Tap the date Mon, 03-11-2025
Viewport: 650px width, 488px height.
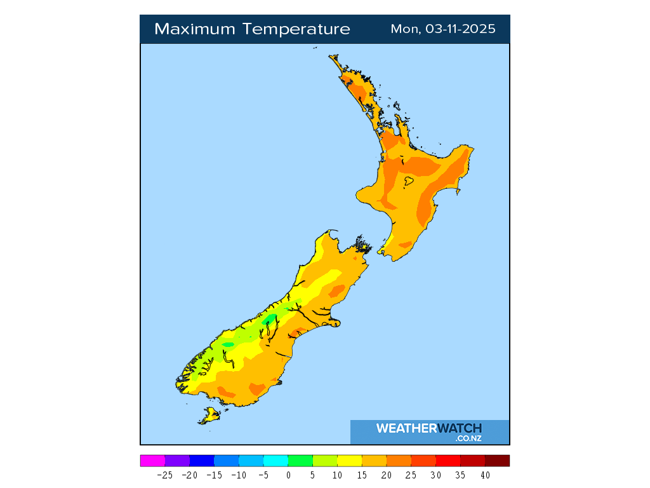[443, 29]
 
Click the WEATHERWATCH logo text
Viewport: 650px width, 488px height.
[429, 428]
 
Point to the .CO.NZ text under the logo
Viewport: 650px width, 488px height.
[468, 438]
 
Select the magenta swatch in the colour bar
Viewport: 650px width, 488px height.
[152, 461]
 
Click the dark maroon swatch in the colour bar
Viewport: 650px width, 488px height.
[497, 461]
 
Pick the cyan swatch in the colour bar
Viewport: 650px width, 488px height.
[275, 461]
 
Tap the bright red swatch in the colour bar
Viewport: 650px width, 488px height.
[448, 461]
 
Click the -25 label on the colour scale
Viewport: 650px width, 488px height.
[165, 475]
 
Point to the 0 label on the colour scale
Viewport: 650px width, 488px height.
[288, 475]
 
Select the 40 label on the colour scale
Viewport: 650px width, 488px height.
[485, 475]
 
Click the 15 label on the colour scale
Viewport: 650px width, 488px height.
[362, 475]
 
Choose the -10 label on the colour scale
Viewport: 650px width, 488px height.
[239, 475]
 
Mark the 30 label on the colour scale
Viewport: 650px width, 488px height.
[435, 475]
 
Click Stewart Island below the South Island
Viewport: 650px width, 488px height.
[209, 416]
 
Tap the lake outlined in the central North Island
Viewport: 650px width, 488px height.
[409, 181]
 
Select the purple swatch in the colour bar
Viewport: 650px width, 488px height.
[177, 461]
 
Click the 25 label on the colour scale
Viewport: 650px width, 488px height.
[411, 475]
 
